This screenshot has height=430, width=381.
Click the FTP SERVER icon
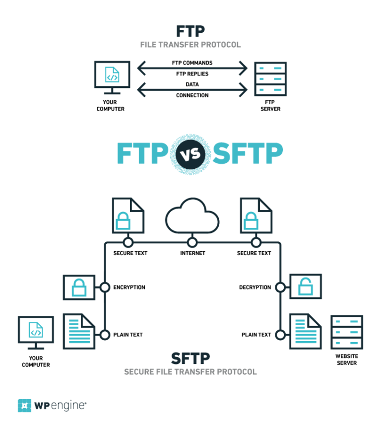[x=270, y=78]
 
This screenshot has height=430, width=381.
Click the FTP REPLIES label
[x=192, y=74]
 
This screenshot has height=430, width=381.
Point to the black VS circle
[x=191, y=154]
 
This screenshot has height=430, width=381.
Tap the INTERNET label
[x=192, y=253]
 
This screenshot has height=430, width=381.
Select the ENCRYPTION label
[x=129, y=287]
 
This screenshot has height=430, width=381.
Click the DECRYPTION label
[x=255, y=287]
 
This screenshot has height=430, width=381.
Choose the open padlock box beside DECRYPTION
[x=306, y=287]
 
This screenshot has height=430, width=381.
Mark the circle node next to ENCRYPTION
[x=105, y=287]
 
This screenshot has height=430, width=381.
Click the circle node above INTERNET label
[x=192, y=243]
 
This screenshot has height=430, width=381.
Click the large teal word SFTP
[x=248, y=153]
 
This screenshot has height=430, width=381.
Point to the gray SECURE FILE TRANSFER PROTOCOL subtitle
[x=190, y=371]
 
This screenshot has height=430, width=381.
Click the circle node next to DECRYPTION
[x=281, y=287]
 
